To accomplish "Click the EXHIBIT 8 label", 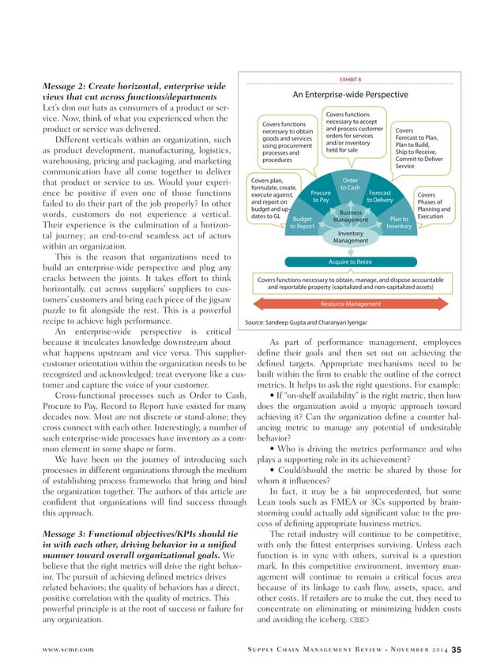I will (350, 80).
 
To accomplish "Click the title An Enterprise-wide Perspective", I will (350, 95).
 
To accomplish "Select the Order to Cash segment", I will (350, 183).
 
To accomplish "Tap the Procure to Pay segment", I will (321, 197).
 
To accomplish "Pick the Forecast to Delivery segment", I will (380, 197).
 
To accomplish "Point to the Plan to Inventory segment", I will (399, 222).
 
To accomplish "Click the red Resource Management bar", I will (350, 303).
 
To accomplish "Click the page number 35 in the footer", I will (456, 649).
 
